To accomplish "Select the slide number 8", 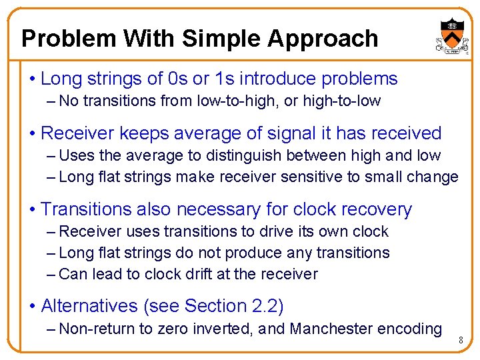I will point(459,341).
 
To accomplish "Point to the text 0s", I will point(178,79).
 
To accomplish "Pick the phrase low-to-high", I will point(226,101).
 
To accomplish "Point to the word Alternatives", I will point(89,306).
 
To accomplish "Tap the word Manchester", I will point(331,329).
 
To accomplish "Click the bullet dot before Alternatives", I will point(33,307).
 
